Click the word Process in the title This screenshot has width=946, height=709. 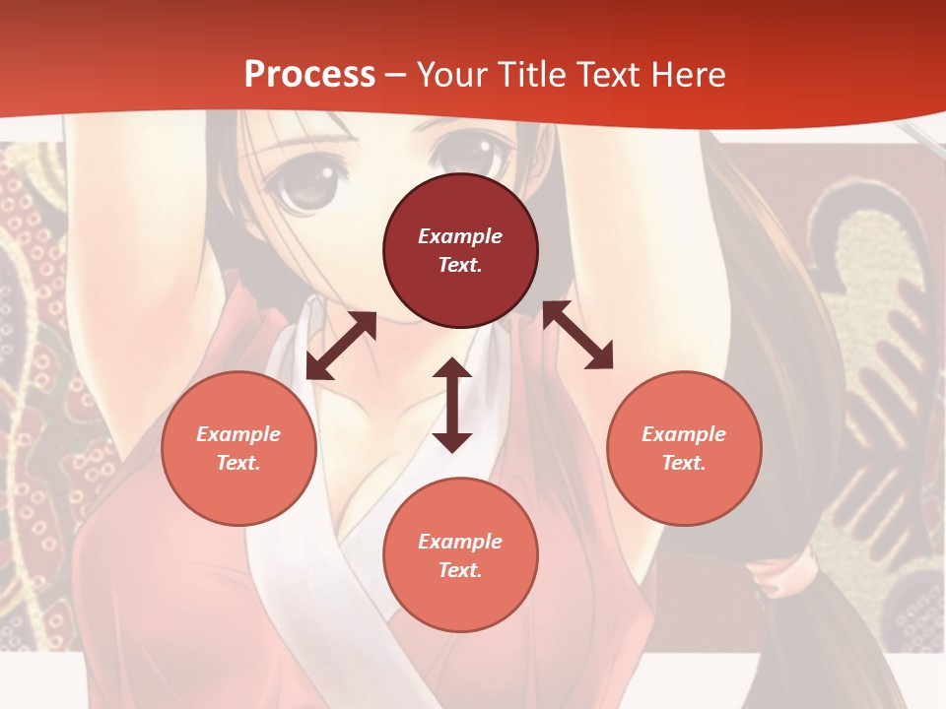[309, 74]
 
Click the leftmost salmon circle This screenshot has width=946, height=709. [238, 448]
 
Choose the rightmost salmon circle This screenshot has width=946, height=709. [684, 448]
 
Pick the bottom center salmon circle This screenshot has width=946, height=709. [460, 555]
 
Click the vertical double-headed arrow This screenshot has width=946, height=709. [452, 406]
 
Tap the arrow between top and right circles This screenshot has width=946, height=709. [577, 335]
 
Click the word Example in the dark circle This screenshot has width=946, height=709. [460, 236]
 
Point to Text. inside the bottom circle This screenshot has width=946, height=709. [460, 570]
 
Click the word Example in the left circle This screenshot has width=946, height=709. [238, 434]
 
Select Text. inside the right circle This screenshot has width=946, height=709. [684, 463]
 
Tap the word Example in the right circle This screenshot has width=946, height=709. [684, 434]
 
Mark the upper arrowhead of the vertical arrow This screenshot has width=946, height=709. [452, 369]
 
